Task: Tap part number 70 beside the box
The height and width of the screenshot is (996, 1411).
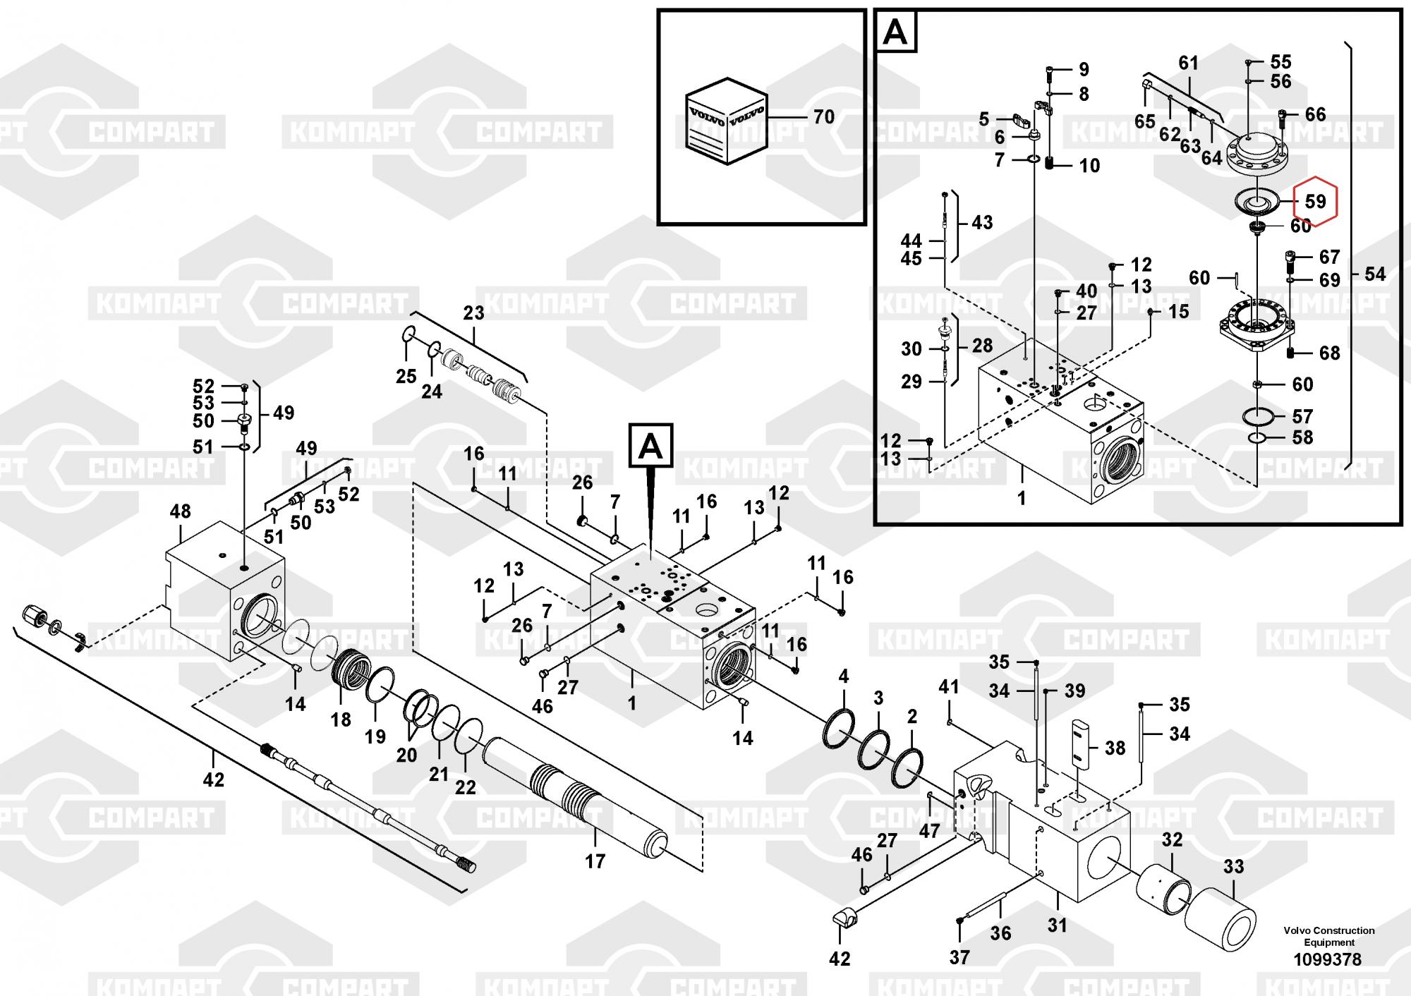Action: [823, 117]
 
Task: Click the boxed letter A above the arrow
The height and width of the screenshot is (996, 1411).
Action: [650, 447]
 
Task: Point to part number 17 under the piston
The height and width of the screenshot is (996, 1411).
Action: [595, 861]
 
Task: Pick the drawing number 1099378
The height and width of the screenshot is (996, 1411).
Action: [1327, 959]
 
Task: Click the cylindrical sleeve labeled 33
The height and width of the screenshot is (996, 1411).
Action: [1220, 917]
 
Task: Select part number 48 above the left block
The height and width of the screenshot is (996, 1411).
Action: [180, 511]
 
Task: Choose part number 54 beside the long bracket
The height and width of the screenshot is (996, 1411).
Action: [1374, 274]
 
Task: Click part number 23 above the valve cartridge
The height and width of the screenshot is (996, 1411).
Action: [473, 312]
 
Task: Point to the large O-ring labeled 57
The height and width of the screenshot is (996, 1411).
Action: [1259, 417]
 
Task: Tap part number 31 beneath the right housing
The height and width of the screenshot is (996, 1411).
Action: [1057, 924]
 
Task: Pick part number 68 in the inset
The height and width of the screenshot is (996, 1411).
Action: [1329, 353]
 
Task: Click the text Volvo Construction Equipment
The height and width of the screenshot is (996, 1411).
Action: [1329, 936]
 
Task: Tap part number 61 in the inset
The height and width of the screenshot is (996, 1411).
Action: [1189, 63]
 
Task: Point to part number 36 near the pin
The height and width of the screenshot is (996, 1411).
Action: [1000, 933]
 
